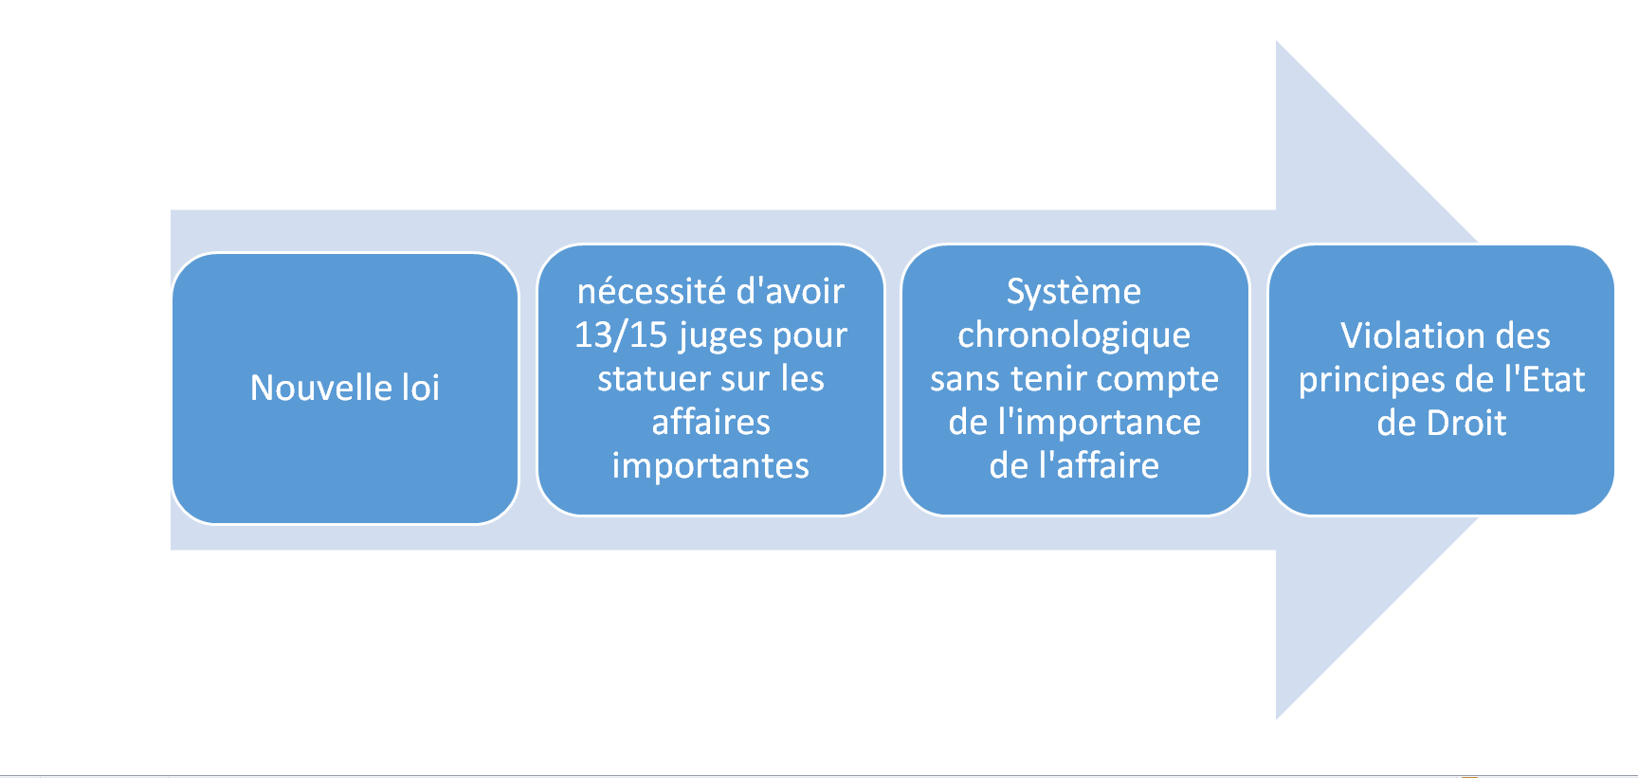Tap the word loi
421,388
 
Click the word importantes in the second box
711,466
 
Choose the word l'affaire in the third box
1099,465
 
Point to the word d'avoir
790,291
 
